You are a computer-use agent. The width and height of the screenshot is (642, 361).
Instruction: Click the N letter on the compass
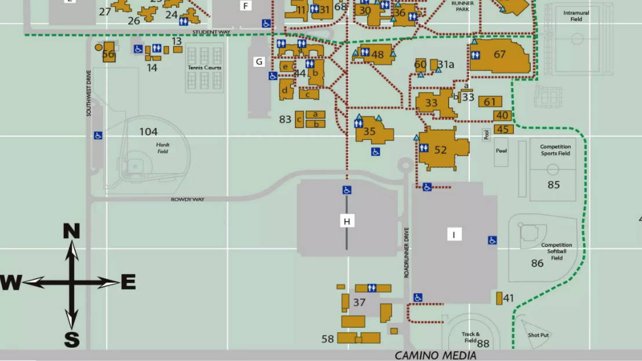[71, 232]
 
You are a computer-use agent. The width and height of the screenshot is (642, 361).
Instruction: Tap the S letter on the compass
[71, 340]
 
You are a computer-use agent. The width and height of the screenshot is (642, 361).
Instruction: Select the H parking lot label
[347, 221]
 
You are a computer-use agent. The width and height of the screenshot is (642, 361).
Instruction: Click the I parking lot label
[454, 234]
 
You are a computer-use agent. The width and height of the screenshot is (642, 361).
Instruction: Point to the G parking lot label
[259, 62]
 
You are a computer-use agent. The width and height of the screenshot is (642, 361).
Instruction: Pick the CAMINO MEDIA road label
[436, 355]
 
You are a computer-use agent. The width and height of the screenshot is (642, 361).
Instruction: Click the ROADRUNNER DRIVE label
[407, 252]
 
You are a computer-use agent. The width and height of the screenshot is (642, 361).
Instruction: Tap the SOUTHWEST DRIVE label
[89, 93]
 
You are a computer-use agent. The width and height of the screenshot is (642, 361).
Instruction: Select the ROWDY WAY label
[188, 200]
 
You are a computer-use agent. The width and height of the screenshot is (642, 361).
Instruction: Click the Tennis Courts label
[205, 68]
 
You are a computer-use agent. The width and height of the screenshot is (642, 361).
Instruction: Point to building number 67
[499, 55]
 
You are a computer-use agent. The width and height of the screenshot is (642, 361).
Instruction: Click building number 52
[441, 150]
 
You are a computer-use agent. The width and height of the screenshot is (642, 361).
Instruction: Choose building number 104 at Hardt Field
[148, 132]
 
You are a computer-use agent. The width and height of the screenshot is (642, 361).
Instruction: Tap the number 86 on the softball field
[537, 263]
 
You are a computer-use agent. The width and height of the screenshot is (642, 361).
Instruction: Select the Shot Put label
[538, 335]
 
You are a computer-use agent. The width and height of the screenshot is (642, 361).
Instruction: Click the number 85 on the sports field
[553, 185]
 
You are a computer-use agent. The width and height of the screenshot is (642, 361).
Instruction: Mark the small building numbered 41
[499, 298]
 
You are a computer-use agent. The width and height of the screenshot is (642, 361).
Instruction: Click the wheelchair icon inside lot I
[492, 240]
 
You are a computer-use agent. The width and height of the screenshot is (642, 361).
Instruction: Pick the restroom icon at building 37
[371, 288]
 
